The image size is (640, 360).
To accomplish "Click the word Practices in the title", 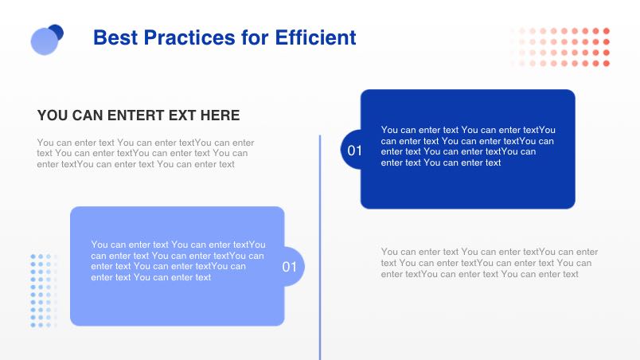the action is point(189,37).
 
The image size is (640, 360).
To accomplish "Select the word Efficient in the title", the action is point(315,37).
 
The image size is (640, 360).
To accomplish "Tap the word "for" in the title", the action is point(255,37).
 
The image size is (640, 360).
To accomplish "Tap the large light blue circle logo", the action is point(45,41).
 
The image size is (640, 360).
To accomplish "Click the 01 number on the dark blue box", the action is point(355,151).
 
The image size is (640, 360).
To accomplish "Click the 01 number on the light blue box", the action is point(290,267).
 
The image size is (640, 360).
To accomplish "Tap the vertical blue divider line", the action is point(320,248).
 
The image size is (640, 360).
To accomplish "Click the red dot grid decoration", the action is point(560,47).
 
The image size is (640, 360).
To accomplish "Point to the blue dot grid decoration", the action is point(44,291).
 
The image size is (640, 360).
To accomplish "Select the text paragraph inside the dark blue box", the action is point(468,146).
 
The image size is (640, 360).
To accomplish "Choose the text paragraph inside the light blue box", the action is point(178,260).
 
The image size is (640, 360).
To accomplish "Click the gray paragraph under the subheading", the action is point(146,154).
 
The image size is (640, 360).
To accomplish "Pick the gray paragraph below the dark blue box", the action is point(490,263).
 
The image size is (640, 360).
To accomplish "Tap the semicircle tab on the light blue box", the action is point(295,266).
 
